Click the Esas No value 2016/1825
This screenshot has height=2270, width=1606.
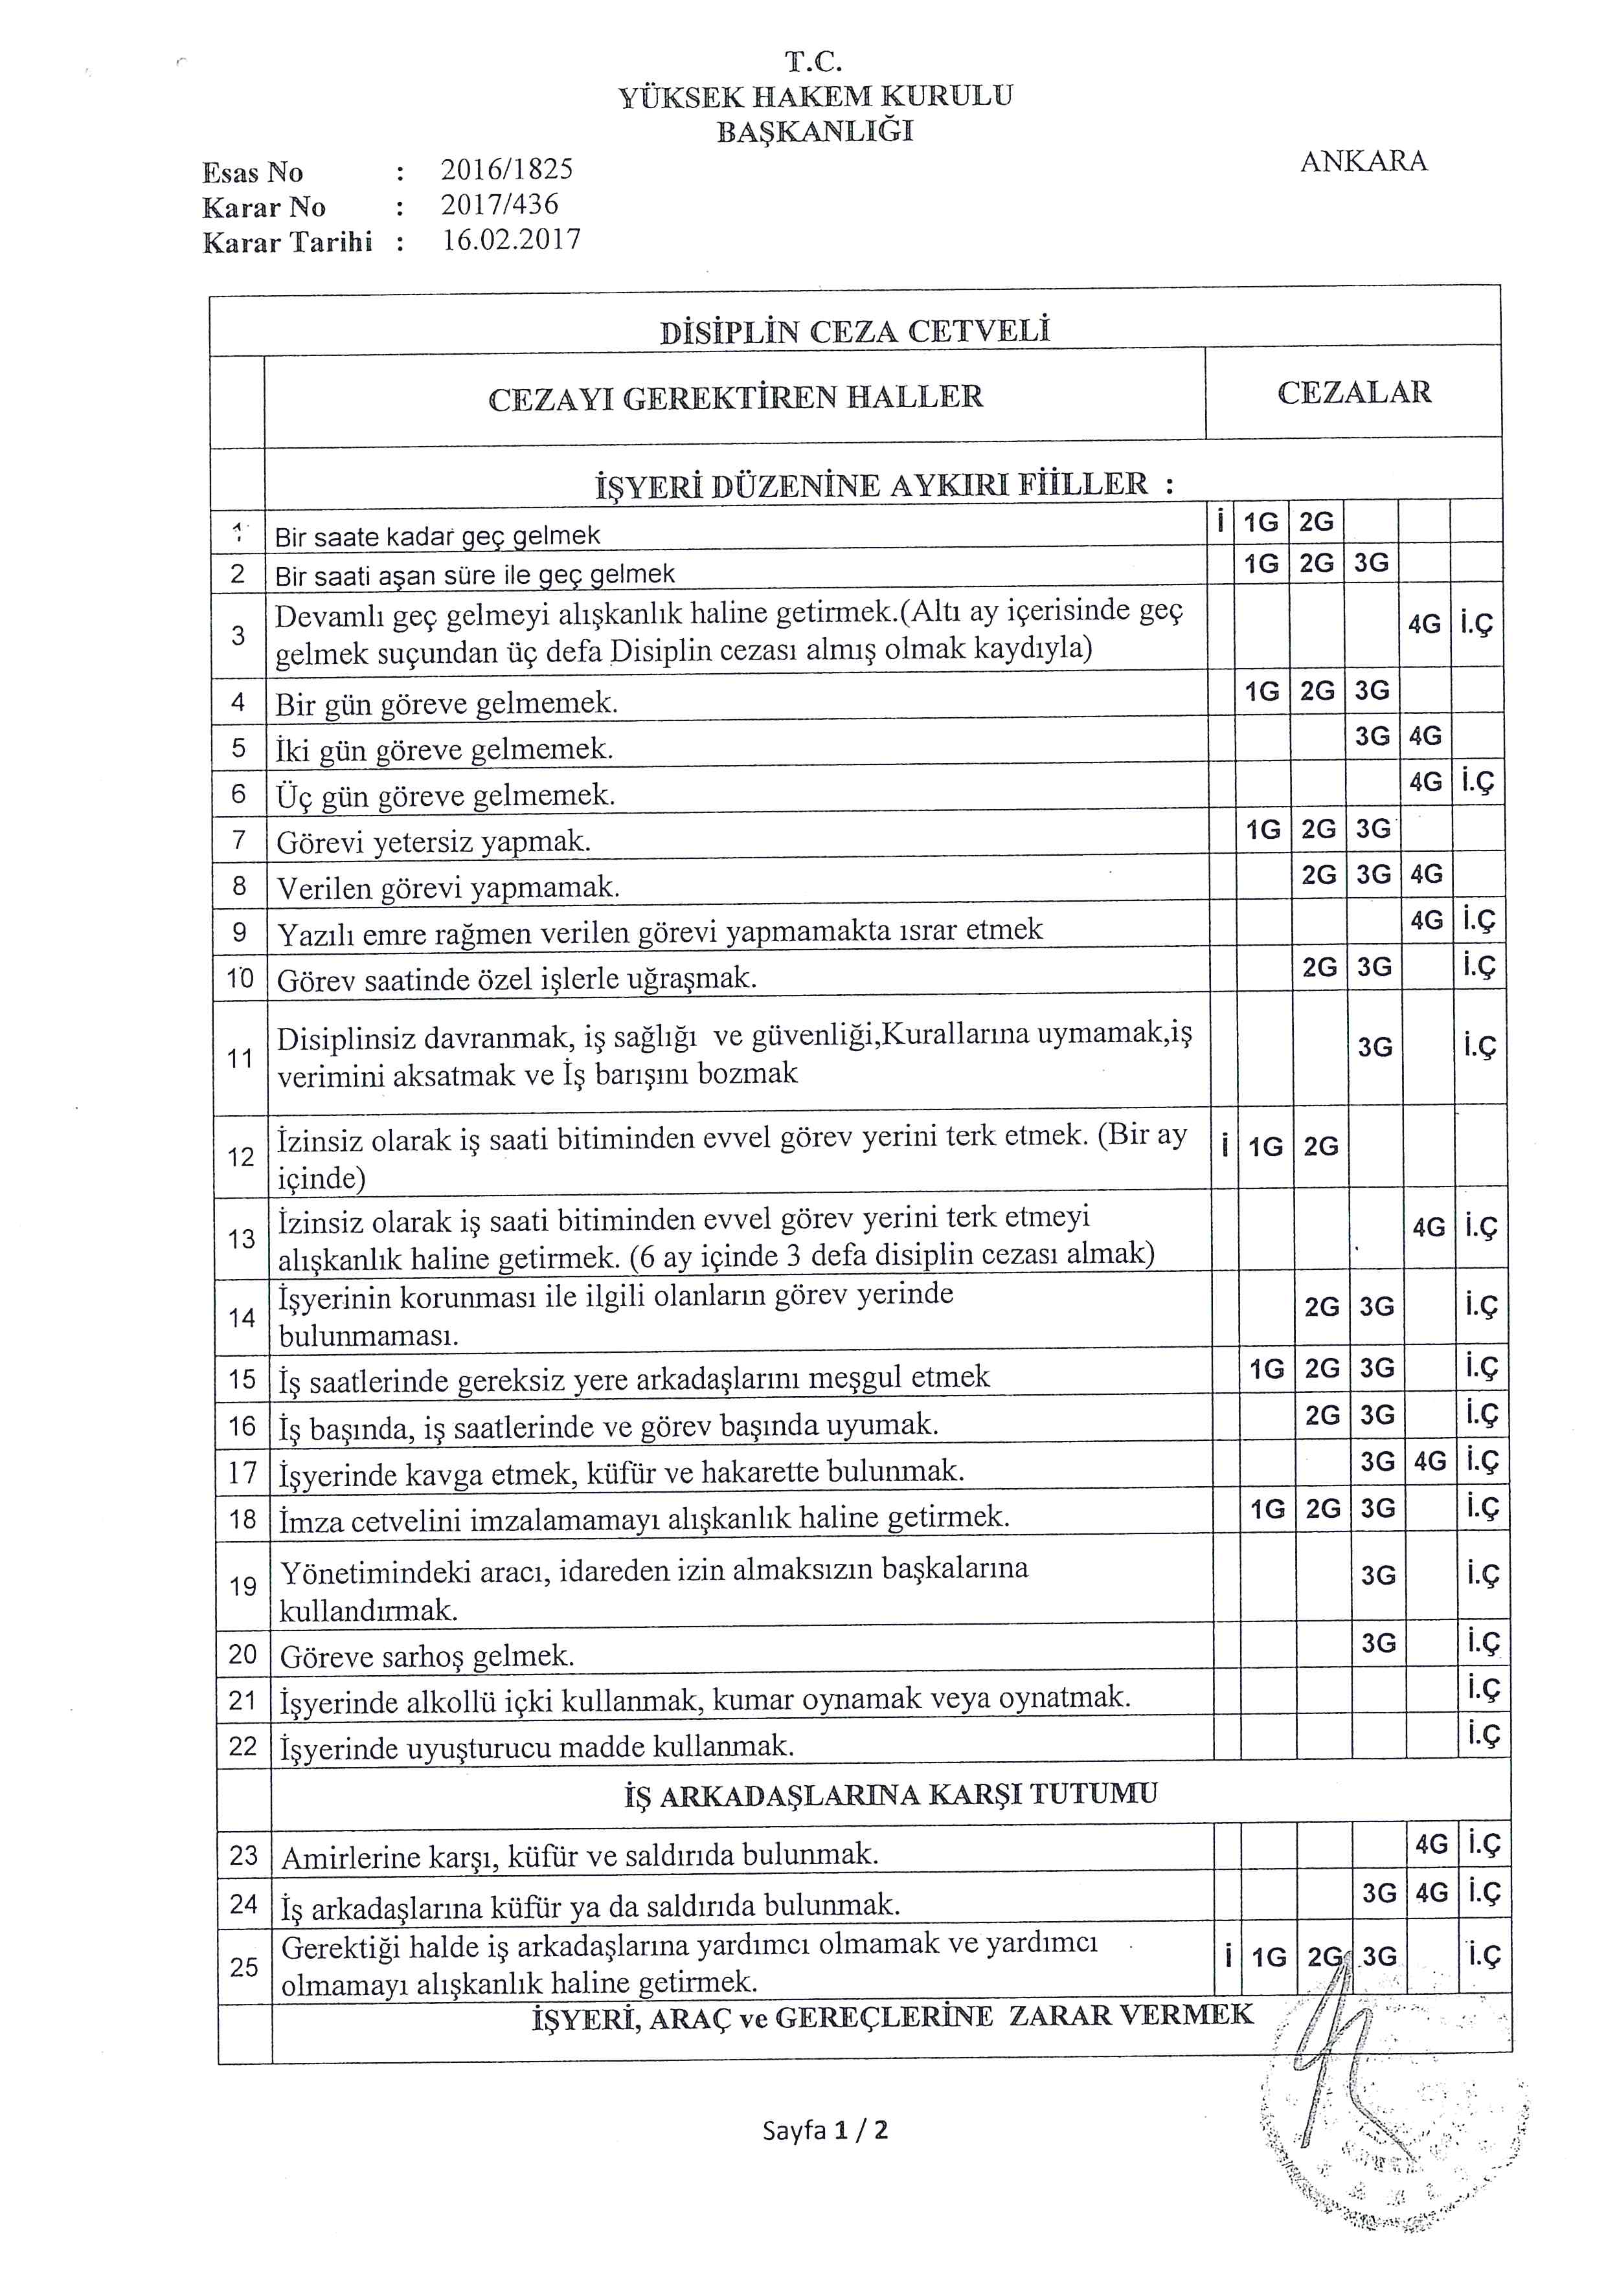506,169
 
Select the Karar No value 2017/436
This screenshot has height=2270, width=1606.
499,205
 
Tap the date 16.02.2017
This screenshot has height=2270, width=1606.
510,240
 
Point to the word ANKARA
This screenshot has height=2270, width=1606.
1363,162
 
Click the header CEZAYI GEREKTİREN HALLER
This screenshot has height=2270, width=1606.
736,397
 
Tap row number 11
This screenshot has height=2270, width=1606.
240,1059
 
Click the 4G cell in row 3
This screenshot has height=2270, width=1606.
1424,625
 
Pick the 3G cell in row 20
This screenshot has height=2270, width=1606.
1377,1643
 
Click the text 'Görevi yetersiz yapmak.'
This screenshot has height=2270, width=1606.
433,842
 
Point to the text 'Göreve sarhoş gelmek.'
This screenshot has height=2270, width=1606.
427,1656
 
